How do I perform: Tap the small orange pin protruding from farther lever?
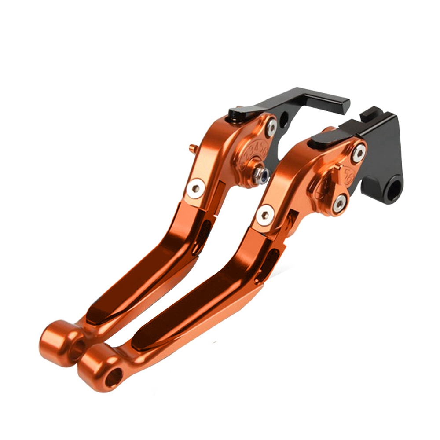192,149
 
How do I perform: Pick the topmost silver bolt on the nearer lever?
358,153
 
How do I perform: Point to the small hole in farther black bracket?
285,118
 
